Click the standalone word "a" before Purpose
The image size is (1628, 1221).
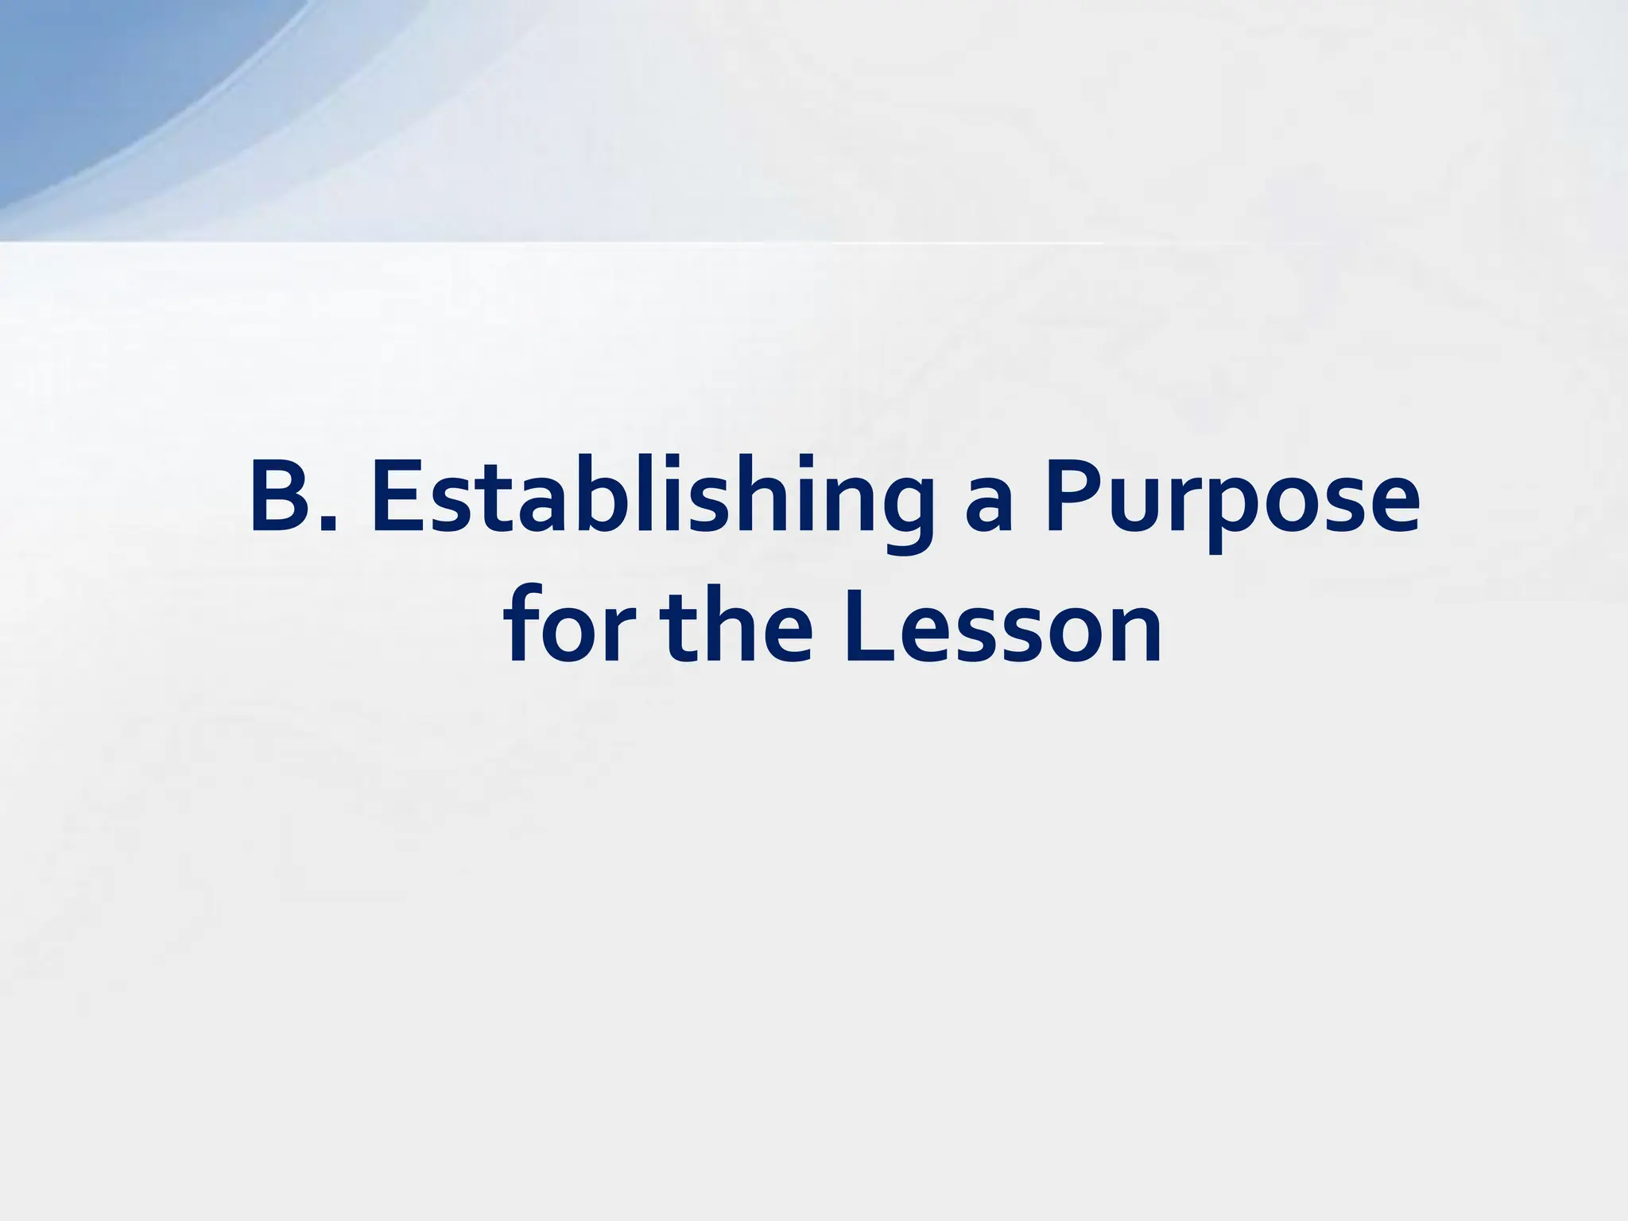pos(989,509)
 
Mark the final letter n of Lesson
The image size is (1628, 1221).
pos(1132,633)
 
